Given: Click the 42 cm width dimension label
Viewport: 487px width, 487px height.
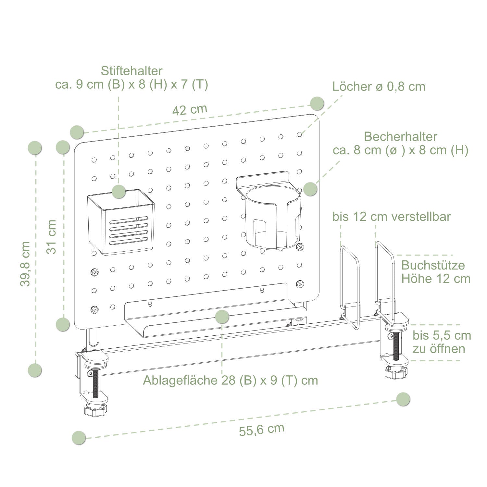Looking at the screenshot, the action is coord(190,110).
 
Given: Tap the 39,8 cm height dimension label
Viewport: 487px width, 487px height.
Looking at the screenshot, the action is coord(25,264).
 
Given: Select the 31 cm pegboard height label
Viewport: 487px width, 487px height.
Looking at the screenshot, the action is coord(51,236).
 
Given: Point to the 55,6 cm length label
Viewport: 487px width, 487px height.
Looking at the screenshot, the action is coord(262,430).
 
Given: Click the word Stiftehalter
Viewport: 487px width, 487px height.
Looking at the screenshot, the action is coord(131,71).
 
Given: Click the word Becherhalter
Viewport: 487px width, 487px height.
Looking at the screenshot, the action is coord(401,137).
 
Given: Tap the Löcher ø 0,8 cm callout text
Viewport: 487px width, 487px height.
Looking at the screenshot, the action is coord(379,86).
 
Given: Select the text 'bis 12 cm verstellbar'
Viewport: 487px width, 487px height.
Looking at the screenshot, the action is coord(392,217).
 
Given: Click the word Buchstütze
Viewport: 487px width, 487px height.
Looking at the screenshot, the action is coord(433,265).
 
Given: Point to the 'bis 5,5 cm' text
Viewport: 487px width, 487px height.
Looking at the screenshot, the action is coord(442,335).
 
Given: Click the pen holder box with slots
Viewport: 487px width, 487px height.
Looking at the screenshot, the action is coord(121,222).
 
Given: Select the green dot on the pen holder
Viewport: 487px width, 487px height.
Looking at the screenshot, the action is coord(119,191).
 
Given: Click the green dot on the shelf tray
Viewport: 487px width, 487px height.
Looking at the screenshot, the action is coord(222,317).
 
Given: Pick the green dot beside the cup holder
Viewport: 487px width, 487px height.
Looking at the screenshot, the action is coord(310,189).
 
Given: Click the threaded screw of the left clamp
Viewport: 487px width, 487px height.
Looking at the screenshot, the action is coord(96,383).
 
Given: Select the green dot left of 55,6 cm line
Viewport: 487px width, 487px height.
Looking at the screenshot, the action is coord(79,438).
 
